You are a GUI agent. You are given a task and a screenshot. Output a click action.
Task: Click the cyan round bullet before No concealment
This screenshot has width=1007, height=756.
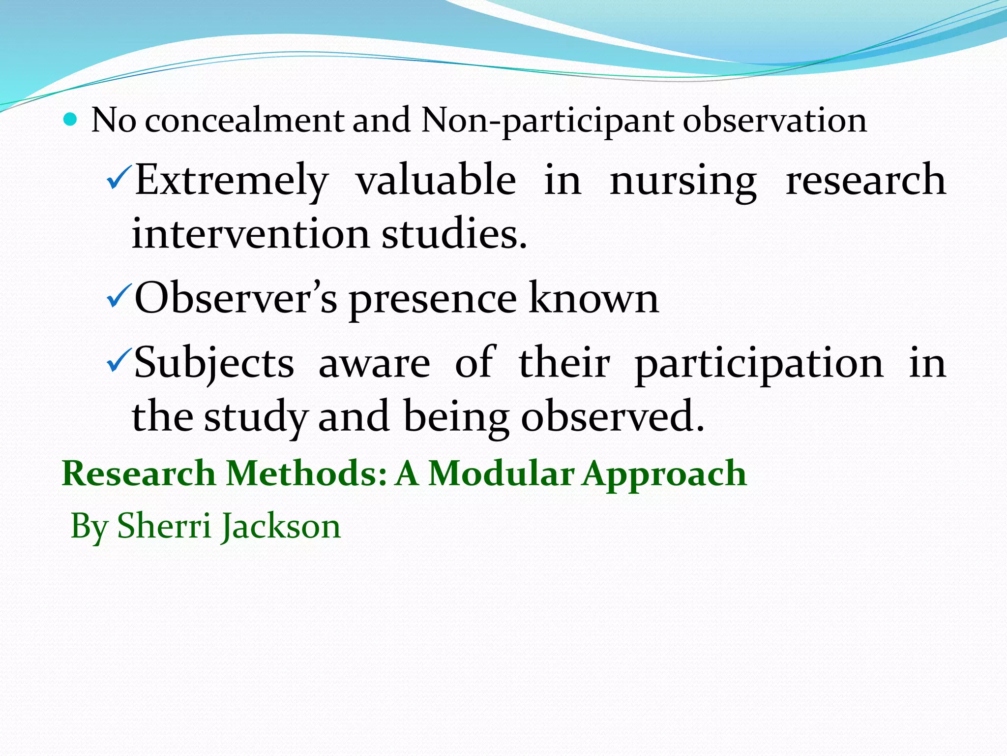pyautogui.click(x=71, y=120)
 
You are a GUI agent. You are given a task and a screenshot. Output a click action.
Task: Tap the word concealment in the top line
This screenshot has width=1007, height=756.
pyautogui.click(x=245, y=120)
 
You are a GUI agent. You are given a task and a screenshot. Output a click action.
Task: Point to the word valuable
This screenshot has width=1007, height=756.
pyautogui.click(x=436, y=180)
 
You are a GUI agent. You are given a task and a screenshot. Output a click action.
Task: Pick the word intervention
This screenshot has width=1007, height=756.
pyautogui.click(x=251, y=234)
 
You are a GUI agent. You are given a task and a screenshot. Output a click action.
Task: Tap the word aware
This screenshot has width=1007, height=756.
pyautogui.click(x=374, y=364)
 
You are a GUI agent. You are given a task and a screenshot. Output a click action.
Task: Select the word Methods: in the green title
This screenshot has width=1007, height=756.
pyautogui.click(x=306, y=473)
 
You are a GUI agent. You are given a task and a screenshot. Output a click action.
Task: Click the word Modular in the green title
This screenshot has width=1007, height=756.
pyautogui.click(x=501, y=473)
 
